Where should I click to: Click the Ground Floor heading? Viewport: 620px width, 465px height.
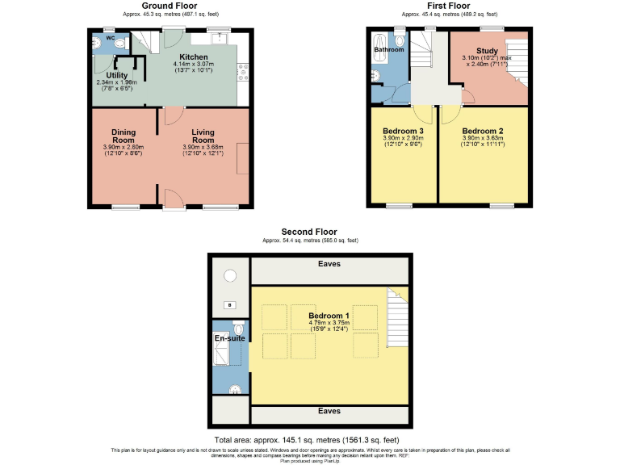coord(169,5)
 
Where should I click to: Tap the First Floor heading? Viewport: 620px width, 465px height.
coord(449,5)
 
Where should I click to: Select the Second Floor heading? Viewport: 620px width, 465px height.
coord(309,232)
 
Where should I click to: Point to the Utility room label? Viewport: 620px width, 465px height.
coord(106,75)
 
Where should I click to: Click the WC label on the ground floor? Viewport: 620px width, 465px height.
coord(110,37)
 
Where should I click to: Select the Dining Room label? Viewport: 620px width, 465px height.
coord(124,136)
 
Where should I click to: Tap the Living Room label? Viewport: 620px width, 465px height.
coord(203,136)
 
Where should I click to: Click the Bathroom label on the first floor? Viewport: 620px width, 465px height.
coord(388,50)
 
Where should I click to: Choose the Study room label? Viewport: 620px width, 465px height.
coord(487,51)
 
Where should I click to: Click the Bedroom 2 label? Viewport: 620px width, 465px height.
coord(483,131)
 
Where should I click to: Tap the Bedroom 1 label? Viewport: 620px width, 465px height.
coord(329,316)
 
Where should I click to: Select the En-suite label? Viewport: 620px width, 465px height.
coord(229,338)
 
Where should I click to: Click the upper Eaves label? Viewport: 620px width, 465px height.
coord(329,264)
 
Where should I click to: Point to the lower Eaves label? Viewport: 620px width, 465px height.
coord(329,411)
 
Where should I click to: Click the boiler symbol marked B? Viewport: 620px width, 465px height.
coord(229,305)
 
